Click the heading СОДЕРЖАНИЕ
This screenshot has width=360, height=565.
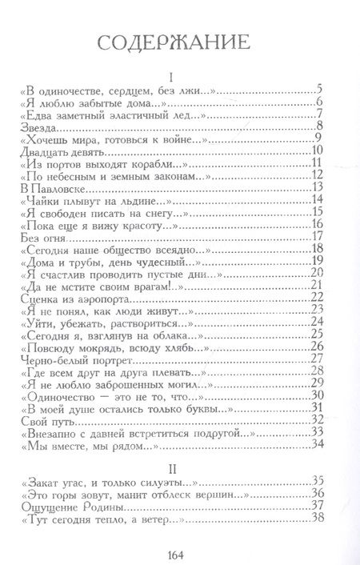[180, 42]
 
